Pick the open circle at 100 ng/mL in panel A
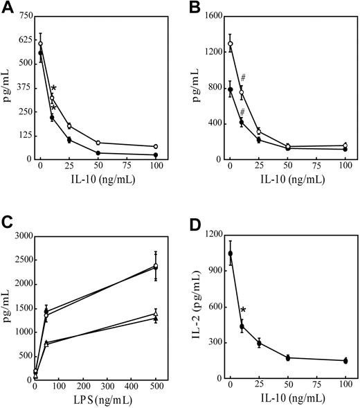(x=156, y=147)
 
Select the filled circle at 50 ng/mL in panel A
(x=98, y=153)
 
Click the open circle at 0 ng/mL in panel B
(x=231, y=44)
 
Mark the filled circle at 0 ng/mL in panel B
(x=231, y=89)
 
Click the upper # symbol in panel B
(x=244, y=78)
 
